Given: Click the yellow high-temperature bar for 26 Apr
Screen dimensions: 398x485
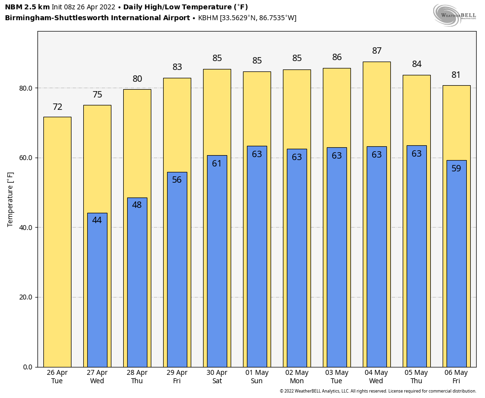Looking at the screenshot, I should point(57,241).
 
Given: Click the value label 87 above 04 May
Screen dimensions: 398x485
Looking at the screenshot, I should point(377,51).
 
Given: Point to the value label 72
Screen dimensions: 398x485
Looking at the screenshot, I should point(57,107).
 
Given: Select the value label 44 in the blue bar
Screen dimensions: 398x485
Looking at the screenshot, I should point(97,221).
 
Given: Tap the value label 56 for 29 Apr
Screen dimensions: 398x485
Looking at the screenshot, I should point(177,180).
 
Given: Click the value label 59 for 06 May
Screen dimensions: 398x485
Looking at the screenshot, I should point(456,169).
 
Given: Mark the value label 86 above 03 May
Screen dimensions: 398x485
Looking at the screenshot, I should point(337,58).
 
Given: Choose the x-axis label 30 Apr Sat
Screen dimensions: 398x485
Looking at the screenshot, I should point(217,377).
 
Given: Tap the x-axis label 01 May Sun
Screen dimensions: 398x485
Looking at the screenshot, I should point(257,377).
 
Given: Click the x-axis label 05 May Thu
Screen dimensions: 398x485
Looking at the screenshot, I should point(416,377).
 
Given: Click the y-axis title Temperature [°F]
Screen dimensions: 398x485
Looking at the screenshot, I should point(11,199).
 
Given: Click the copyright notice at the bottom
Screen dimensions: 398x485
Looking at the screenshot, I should point(378,391).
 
